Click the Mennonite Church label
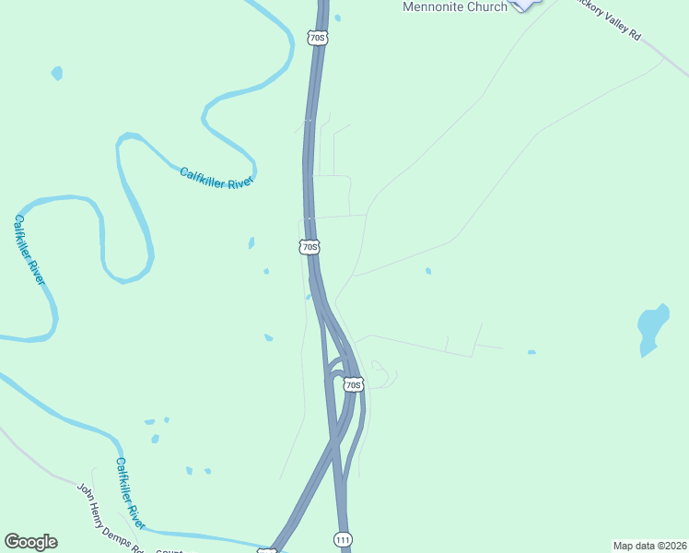tap(455, 7)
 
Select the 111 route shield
tap(343, 539)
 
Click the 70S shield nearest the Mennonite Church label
tap(318, 38)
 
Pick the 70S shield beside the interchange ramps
tap(354, 384)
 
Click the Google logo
tap(30, 542)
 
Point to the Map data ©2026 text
tap(649, 546)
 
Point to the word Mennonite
tap(433, 7)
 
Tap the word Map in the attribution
tap(624, 546)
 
